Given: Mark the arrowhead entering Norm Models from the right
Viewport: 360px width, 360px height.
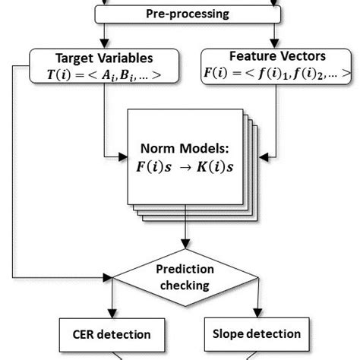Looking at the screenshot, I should point(261,158).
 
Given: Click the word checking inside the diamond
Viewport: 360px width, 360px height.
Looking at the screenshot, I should point(183,286).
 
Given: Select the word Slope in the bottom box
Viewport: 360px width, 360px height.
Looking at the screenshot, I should point(233,334).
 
